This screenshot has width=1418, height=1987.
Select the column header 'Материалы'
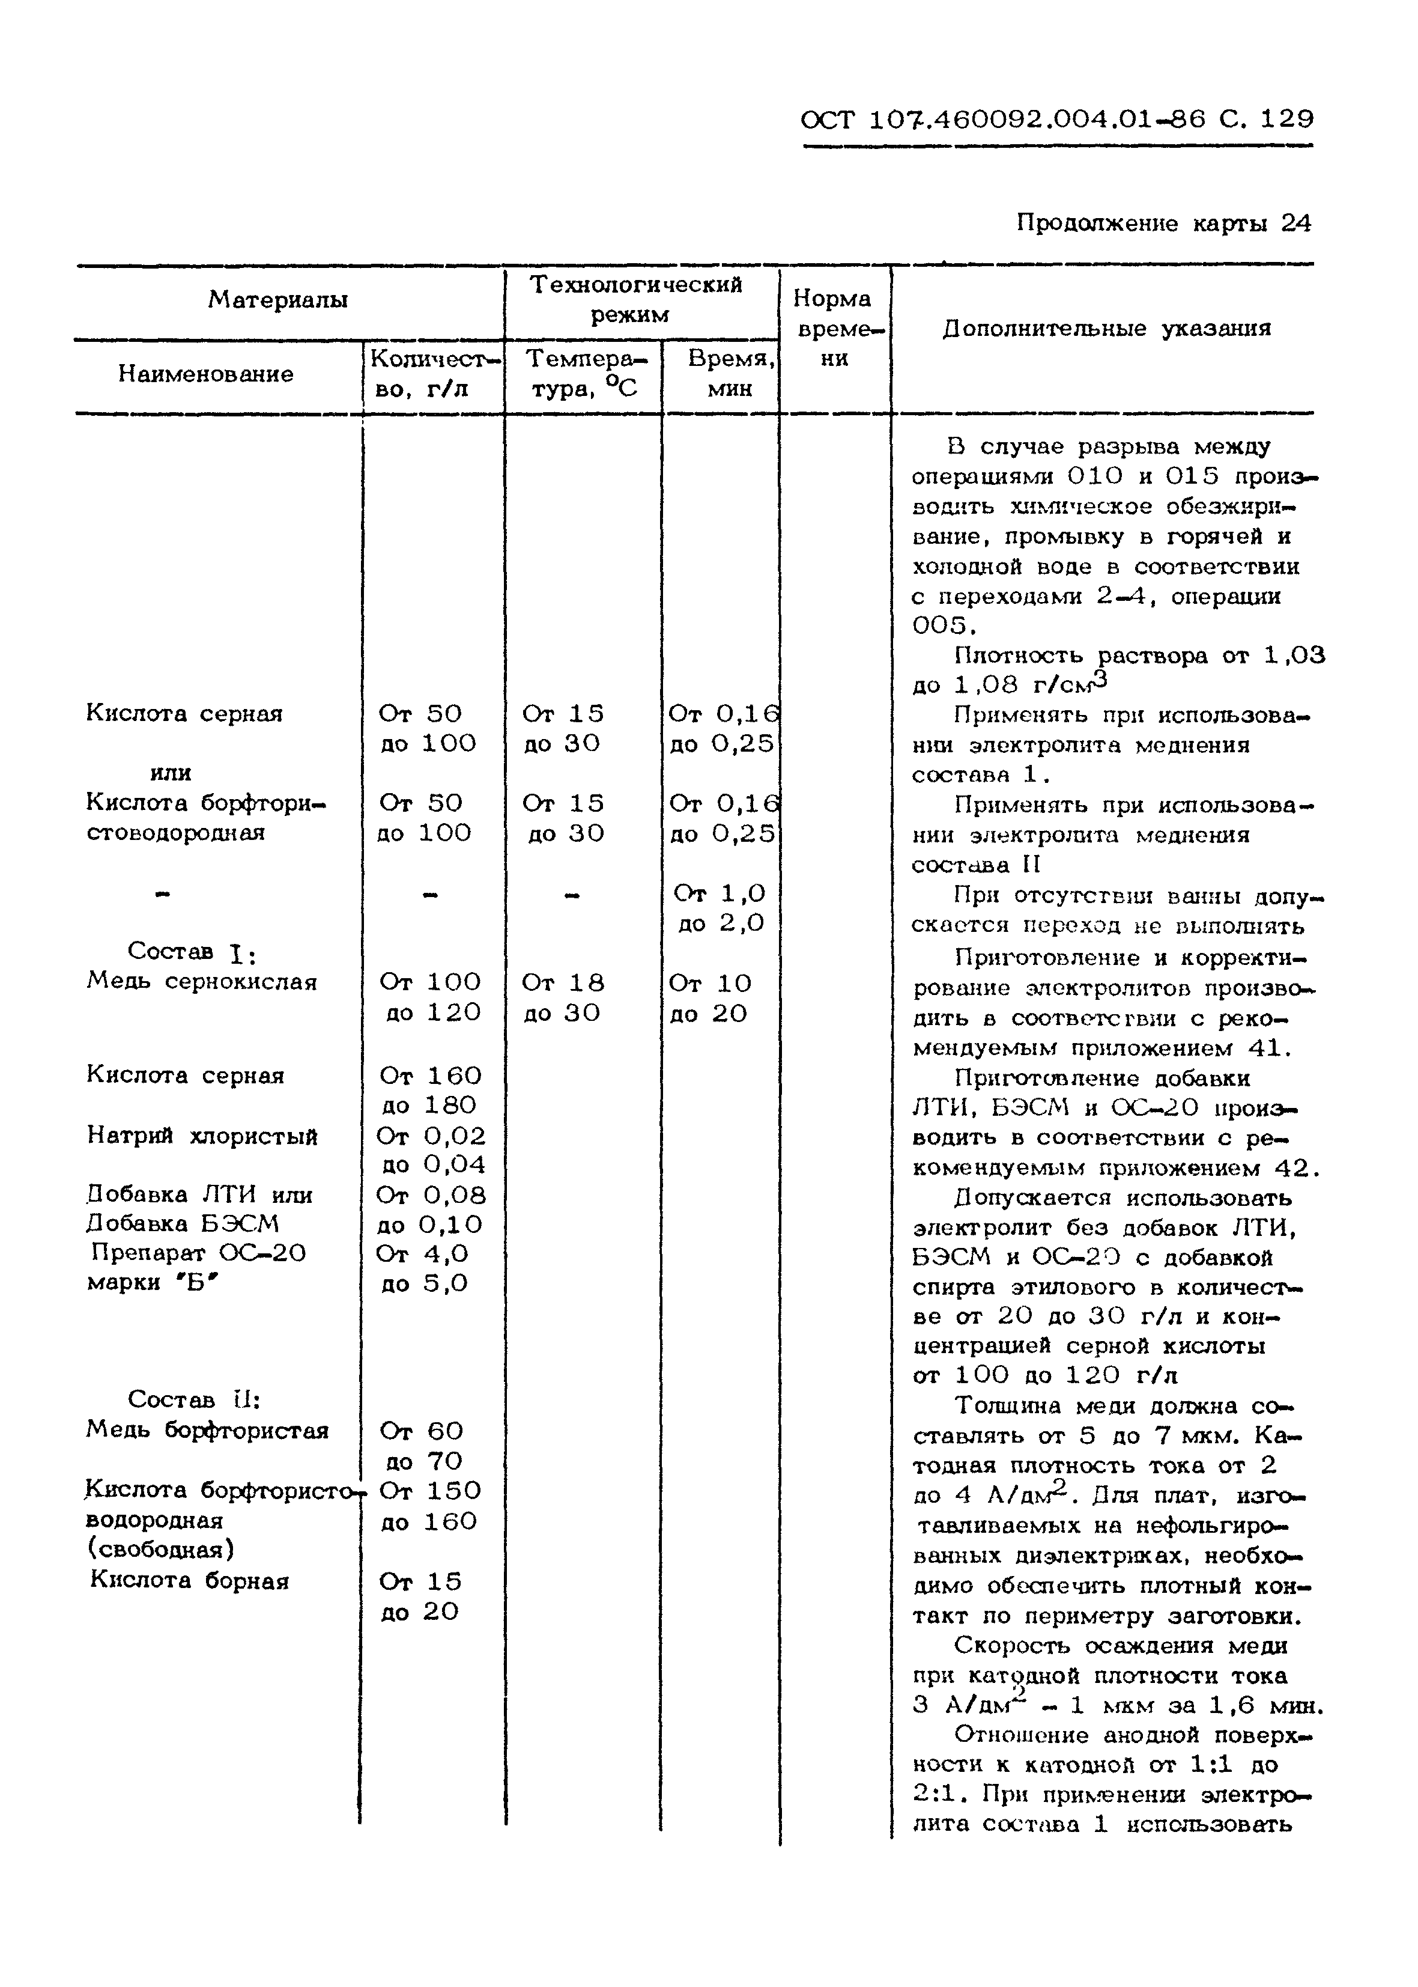point(277,300)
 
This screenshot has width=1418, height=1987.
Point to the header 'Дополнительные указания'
point(1106,329)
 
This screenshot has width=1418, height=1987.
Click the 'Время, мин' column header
point(730,373)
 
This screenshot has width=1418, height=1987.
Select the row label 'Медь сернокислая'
point(201,982)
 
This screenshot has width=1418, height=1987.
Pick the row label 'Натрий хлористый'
point(202,1136)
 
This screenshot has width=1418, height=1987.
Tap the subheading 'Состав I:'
point(191,951)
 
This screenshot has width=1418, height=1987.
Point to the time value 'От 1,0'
point(720,893)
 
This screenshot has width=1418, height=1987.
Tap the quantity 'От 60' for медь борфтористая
point(421,1431)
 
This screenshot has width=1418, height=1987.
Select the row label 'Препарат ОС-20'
point(198,1253)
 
